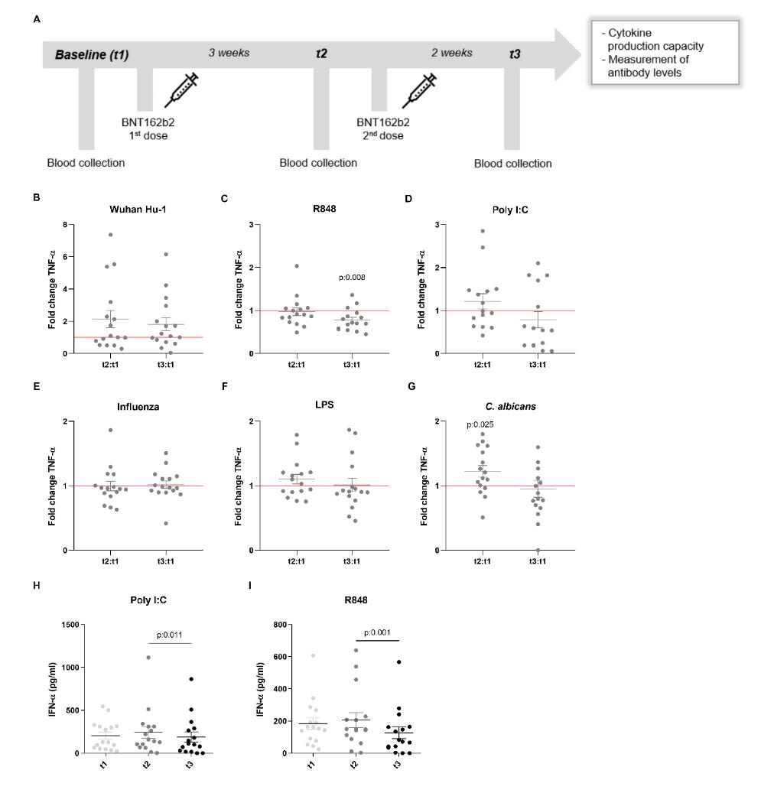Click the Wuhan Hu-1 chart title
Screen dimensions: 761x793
click(x=138, y=210)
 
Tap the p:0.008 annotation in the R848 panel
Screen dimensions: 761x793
click(x=352, y=277)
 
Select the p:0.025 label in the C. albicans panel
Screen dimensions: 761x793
click(x=480, y=425)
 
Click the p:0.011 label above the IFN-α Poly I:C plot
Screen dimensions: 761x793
click(x=170, y=635)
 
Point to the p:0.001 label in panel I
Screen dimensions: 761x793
click(x=377, y=632)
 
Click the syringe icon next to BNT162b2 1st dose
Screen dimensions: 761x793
click(x=181, y=90)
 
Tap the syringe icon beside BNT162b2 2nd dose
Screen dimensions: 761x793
click(x=419, y=90)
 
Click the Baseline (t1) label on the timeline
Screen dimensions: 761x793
click(x=92, y=54)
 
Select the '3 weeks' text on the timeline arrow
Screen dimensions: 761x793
click(x=229, y=53)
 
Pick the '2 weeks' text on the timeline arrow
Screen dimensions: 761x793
click(x=452, y=53)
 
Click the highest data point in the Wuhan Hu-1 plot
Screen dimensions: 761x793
click(x=110, y=235)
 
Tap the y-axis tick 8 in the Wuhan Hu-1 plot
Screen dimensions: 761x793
click(x=65, y=225)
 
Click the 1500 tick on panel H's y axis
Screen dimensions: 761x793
click(x=70, y=625)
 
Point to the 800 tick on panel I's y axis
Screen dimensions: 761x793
click(x=280, y=625)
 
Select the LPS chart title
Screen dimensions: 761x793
click(x=324, y=405)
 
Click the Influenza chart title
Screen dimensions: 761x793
click(x=138, y=407)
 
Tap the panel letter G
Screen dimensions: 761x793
click(x=411, y=386)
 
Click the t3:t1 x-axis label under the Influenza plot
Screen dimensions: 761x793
click(x=165, y=561)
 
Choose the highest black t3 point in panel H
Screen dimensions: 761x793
click(x=191, y=679)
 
